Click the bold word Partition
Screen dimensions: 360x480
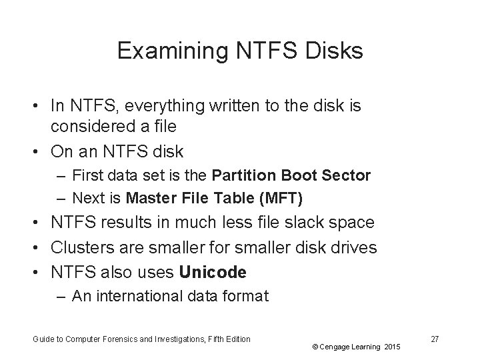pos(244,176)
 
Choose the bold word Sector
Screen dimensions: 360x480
pos(347,176)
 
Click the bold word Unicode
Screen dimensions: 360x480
pos(215,272)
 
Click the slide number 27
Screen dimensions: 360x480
pos(435,339)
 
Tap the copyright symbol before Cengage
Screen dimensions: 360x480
pos(313,347)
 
